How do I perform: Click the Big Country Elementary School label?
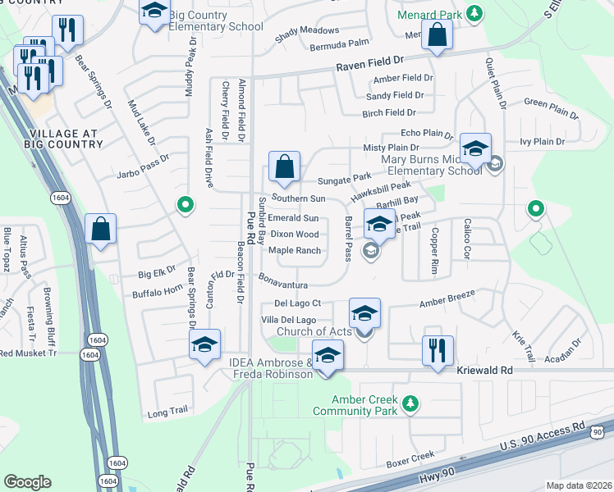pos(217,20)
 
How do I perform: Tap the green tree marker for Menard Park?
pos(474,12)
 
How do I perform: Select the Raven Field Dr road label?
pos(371,61)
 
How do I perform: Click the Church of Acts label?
pos(314,331)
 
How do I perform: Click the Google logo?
pos(28,481)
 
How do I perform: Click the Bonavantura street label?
pos(285,285)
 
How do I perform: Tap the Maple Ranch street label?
pos(294,250)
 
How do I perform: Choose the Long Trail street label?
pos(168,414)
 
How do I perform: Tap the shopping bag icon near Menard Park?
pos(437,35)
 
